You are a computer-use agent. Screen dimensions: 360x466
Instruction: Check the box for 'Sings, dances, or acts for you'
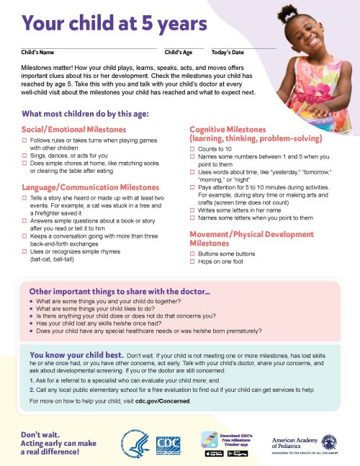point(25,156)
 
